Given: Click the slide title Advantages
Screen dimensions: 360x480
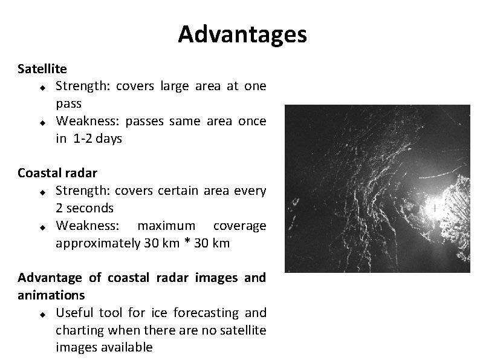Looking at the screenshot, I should coord(242,35).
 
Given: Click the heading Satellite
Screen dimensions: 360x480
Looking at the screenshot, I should coord(42,69).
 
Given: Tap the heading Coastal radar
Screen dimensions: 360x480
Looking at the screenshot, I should coord(57,173).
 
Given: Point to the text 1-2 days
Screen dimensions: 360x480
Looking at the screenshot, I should coord(97,139).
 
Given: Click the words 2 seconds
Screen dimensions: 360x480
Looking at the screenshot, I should coord(85,208).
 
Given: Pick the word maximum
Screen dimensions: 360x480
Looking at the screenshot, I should coord(166,226).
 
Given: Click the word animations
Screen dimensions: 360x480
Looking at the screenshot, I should coord(51,296).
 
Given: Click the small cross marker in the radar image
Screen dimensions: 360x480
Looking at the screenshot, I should coord(434,208).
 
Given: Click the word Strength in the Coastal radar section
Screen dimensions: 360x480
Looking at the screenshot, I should coord(79,191).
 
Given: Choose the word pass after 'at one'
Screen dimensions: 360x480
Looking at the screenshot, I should coord(68,103).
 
